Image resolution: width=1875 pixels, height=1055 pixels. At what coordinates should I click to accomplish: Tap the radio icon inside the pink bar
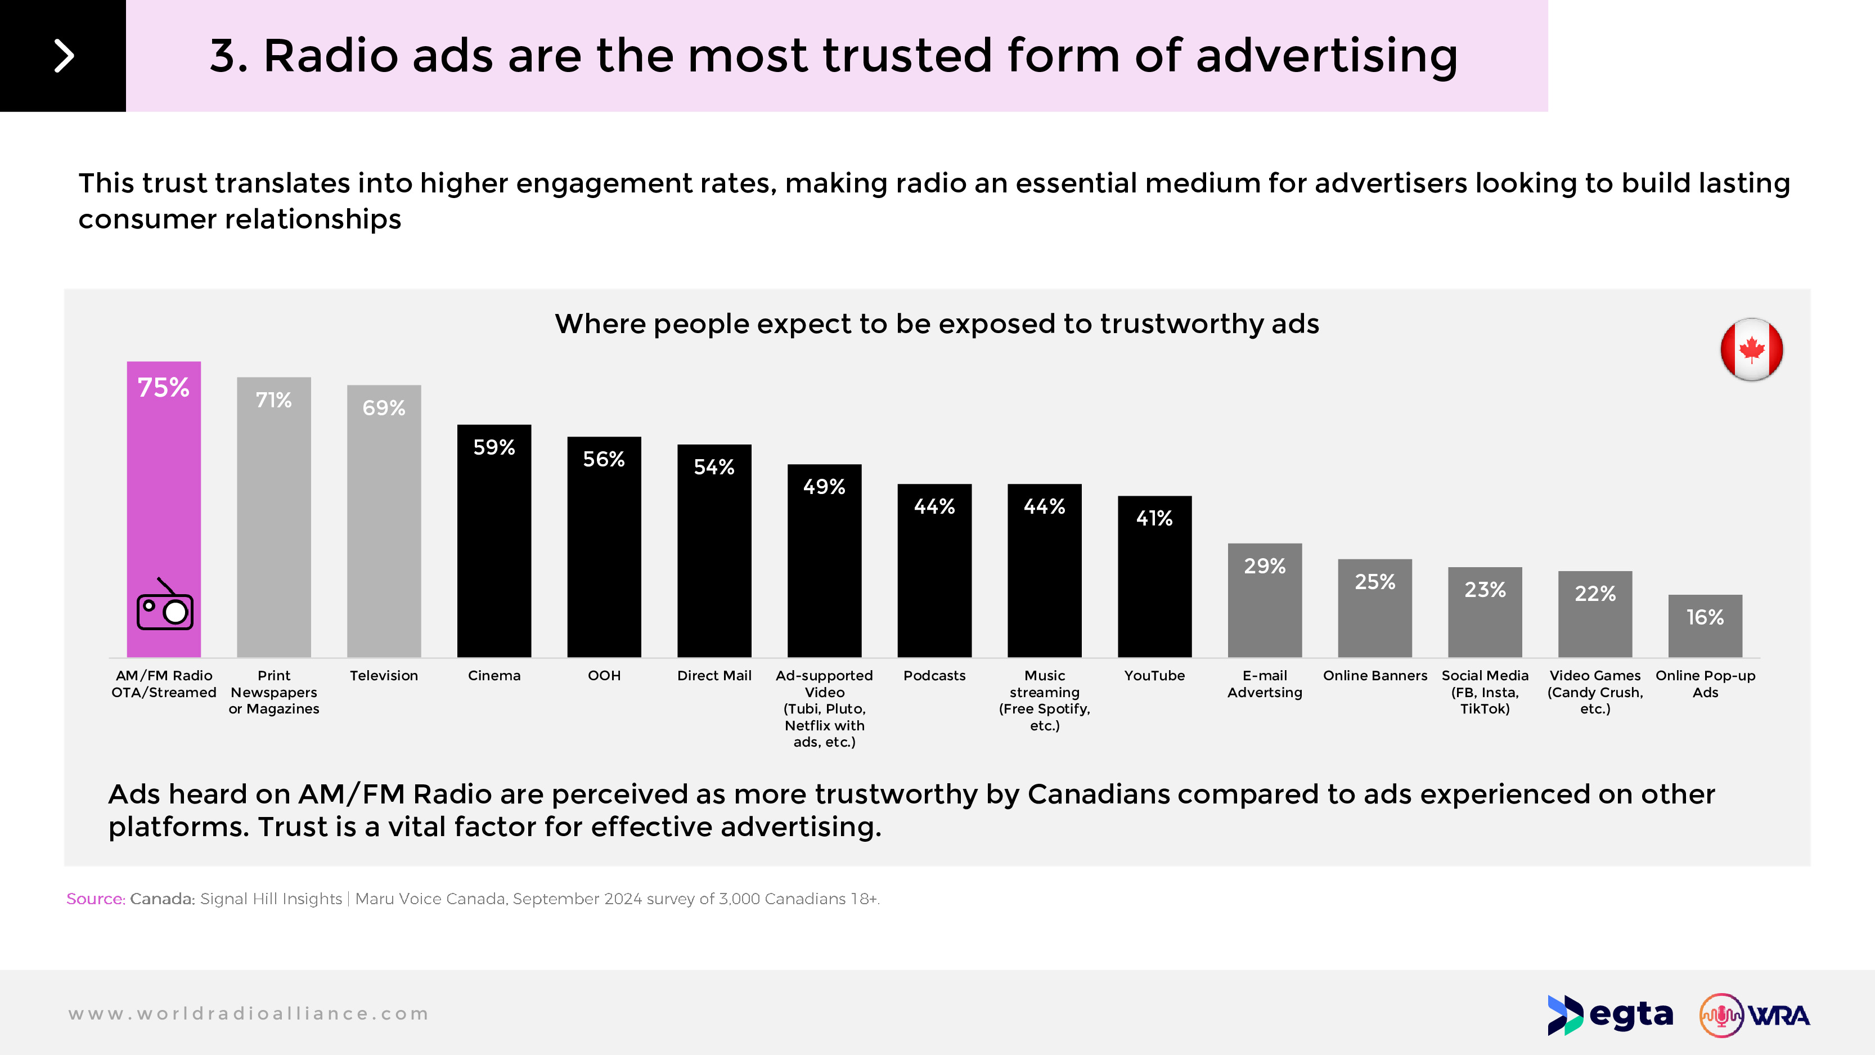tap(165, 606)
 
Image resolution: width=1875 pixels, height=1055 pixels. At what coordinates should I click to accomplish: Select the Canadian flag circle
tap(1751, 349)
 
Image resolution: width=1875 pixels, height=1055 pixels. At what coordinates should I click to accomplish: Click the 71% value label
tap(273, 401)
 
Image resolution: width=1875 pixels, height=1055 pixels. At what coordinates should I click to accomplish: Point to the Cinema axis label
tap(494, 676)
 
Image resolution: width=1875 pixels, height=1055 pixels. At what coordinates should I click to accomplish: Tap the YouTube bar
tap(1154, 582)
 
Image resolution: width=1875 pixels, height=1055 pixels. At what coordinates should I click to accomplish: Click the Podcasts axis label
tap(934, 676)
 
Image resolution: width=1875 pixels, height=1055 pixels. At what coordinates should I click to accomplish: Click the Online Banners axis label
tap(1375, 676)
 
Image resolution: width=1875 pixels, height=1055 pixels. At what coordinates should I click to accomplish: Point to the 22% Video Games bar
tap(1595, 619)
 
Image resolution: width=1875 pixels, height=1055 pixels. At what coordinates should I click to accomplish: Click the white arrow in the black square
tap(64, 56)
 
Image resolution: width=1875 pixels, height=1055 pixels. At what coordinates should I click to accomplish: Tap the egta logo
tap(1610, 1015)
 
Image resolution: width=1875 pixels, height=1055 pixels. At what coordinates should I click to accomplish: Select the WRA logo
tap(1754, 1015)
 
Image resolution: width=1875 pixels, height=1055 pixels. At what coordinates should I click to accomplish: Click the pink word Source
tap(95, 899)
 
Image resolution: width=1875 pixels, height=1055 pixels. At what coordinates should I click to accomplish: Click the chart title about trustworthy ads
tap(937, 324)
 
